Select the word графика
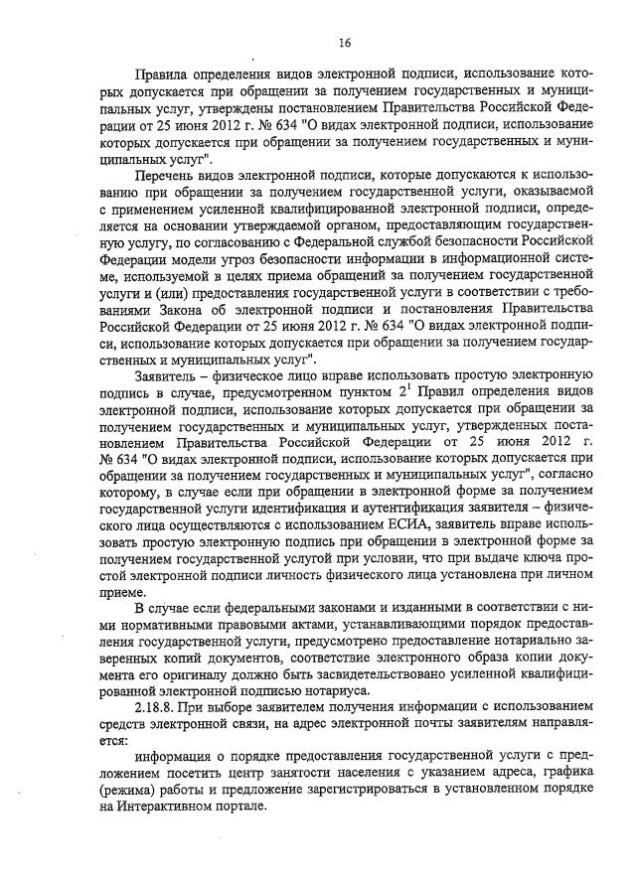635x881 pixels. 565,772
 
